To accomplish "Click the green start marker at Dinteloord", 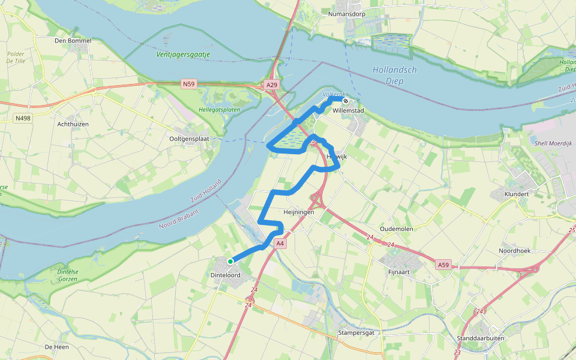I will click(x=230, y=262).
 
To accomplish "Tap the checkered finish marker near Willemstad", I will click(x=346, y=100).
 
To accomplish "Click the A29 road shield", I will click(x=272, y=85).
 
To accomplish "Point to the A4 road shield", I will click(x=280, y=244).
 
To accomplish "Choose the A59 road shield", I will click(x=443, y=265).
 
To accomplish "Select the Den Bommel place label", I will click(x=73, y=41).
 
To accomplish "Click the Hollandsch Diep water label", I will click(x=394, y=75).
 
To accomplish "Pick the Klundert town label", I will click(x=517, y=195).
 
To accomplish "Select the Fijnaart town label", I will click(x=394, y=271).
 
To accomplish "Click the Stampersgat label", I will click(x=356, y=332).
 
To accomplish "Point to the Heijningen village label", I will click(x=299, y=212).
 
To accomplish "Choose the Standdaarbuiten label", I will click(x=480, y=338).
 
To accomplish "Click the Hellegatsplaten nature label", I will click(x=215, y=110).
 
